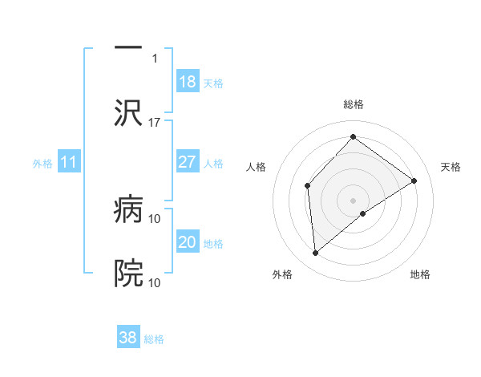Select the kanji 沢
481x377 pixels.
tap(128, 112)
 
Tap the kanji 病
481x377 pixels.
tap(128, 211)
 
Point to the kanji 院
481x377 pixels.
tap(128, 274)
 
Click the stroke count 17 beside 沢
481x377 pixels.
tap(155, 122)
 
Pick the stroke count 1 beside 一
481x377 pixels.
tap(155, 59)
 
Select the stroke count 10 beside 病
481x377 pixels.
tap(155, 218)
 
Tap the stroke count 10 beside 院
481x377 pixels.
tap(155, 282)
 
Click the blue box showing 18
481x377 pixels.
tap(187, 82)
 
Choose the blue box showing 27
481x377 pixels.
tap(187, 162)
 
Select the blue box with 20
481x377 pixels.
tap(187, 242)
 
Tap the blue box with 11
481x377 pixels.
tap(69, 162)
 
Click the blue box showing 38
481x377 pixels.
tap(128, 338)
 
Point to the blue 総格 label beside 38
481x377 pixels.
tap(154, 339)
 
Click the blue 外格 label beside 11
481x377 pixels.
tap(42, 164)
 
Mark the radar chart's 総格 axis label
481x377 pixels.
tap(354, 104)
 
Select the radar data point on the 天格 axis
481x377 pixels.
tap(414, 180)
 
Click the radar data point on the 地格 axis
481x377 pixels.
tap(363, 213)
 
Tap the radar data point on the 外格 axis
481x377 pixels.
tap(316, 253)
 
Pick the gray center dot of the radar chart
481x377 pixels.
tap(354, 200)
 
